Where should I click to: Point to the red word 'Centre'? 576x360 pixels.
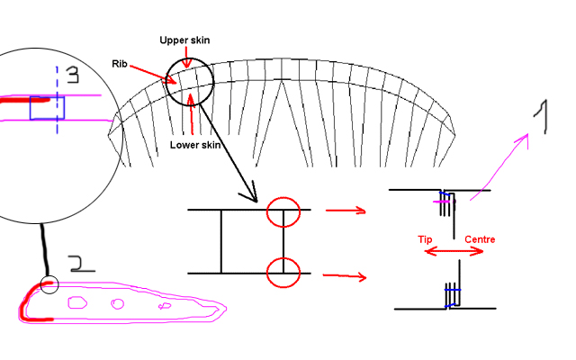(x=480, y=240)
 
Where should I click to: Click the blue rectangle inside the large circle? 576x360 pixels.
(x=47, y=108)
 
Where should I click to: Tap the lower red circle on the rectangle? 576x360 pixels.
(x=283, y=271)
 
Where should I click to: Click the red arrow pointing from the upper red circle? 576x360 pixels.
(x=345, y=211)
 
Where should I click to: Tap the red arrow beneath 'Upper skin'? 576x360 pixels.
(x=184, y=58)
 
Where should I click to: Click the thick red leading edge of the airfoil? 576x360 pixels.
(x=25, y=301)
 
